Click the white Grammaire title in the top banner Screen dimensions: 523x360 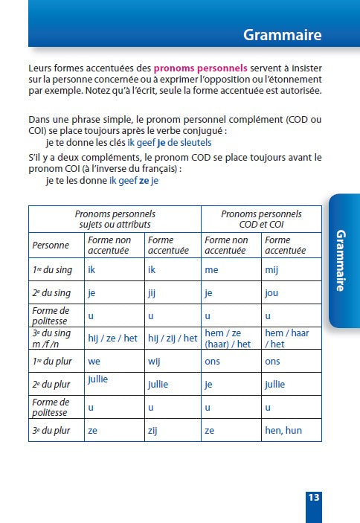pyautogui.click(x=282, y=35)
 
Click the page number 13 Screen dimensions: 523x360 pyautogui.click(x=313, y=497)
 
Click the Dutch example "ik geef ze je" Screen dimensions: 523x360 pyautogui.click(x=134, y=180)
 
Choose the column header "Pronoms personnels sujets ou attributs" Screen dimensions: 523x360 pyautogui.click(x=116, y=219)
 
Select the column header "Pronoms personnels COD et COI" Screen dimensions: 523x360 pyautogui.click(x=261, y=219)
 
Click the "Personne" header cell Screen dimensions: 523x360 pyautogui.click(x=51, y=246)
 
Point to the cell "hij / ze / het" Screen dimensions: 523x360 pyautogui.click(x=112, y=338)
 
